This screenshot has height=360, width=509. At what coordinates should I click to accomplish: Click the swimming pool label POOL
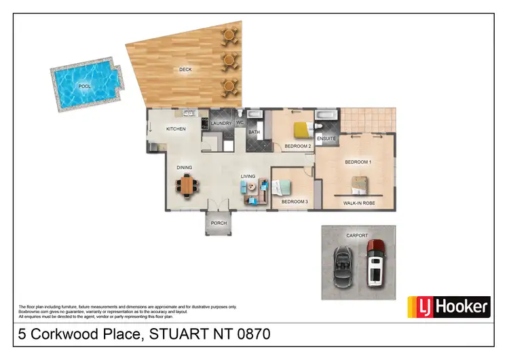tap(83, 86)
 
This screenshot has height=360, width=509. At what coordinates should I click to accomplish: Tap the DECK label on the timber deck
tap(185, 69)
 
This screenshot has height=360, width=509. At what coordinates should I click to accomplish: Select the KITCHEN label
tap(176, 129)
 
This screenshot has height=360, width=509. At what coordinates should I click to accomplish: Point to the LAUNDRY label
tap(221, 124)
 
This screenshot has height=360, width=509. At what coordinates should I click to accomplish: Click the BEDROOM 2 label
tap(297, 147)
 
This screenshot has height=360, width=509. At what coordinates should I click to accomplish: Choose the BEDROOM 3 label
tap(295, 202)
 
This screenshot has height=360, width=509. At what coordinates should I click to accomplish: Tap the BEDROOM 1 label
tap(358, 162)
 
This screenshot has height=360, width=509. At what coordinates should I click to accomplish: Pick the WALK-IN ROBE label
tap(359, 203)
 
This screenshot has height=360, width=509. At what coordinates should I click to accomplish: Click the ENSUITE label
tap(326, 139)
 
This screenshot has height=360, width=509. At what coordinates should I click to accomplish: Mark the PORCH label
tap(219, 223)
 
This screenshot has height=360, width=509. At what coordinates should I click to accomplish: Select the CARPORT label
tap(357, 235)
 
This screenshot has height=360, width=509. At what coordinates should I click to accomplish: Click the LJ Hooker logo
tap(448, 307)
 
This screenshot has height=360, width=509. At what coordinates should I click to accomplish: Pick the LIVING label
tap(248, 177)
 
